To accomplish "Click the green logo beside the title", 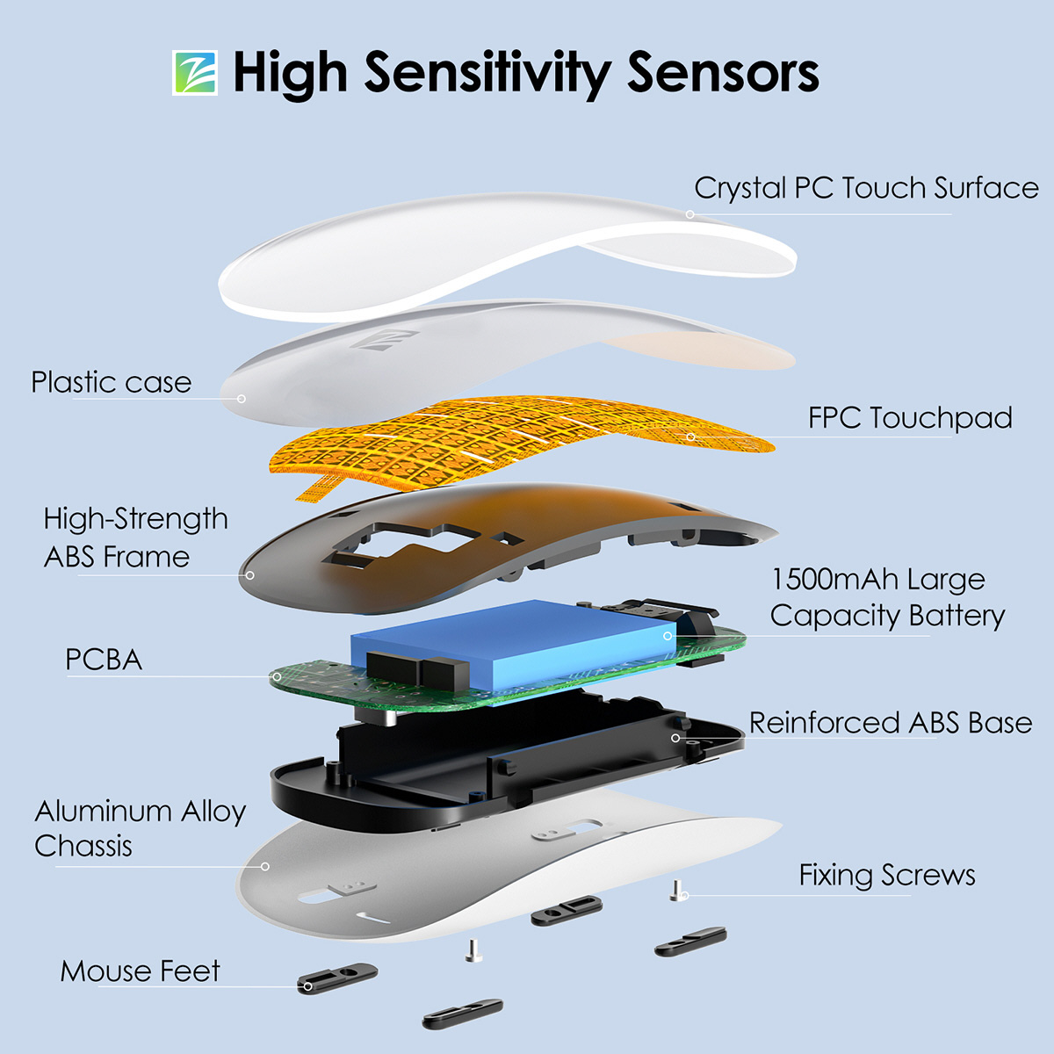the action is click(195, 73).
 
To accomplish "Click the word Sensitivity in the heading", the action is click(487, 74).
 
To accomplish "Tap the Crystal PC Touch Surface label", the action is click(866, 188).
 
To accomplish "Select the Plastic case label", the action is click(111, 382).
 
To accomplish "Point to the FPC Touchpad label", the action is click(910, 418).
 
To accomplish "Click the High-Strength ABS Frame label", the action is click(135, 538).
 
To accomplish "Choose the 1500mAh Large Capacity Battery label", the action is click(887, 598).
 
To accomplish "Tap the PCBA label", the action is click(104, 660).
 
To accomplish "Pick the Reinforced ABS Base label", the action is click(891, 723).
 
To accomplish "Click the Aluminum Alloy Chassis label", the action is click(140, 828).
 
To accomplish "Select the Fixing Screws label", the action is click(887, 876).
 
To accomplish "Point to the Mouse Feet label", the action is click(140, 971).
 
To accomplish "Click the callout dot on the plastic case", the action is click(242, 399).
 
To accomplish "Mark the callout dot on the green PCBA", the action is click(277, 677).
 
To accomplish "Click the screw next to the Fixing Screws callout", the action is click(676, 891).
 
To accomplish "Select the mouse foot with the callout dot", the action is click(337, 978).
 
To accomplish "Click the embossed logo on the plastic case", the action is click(384, 340).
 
